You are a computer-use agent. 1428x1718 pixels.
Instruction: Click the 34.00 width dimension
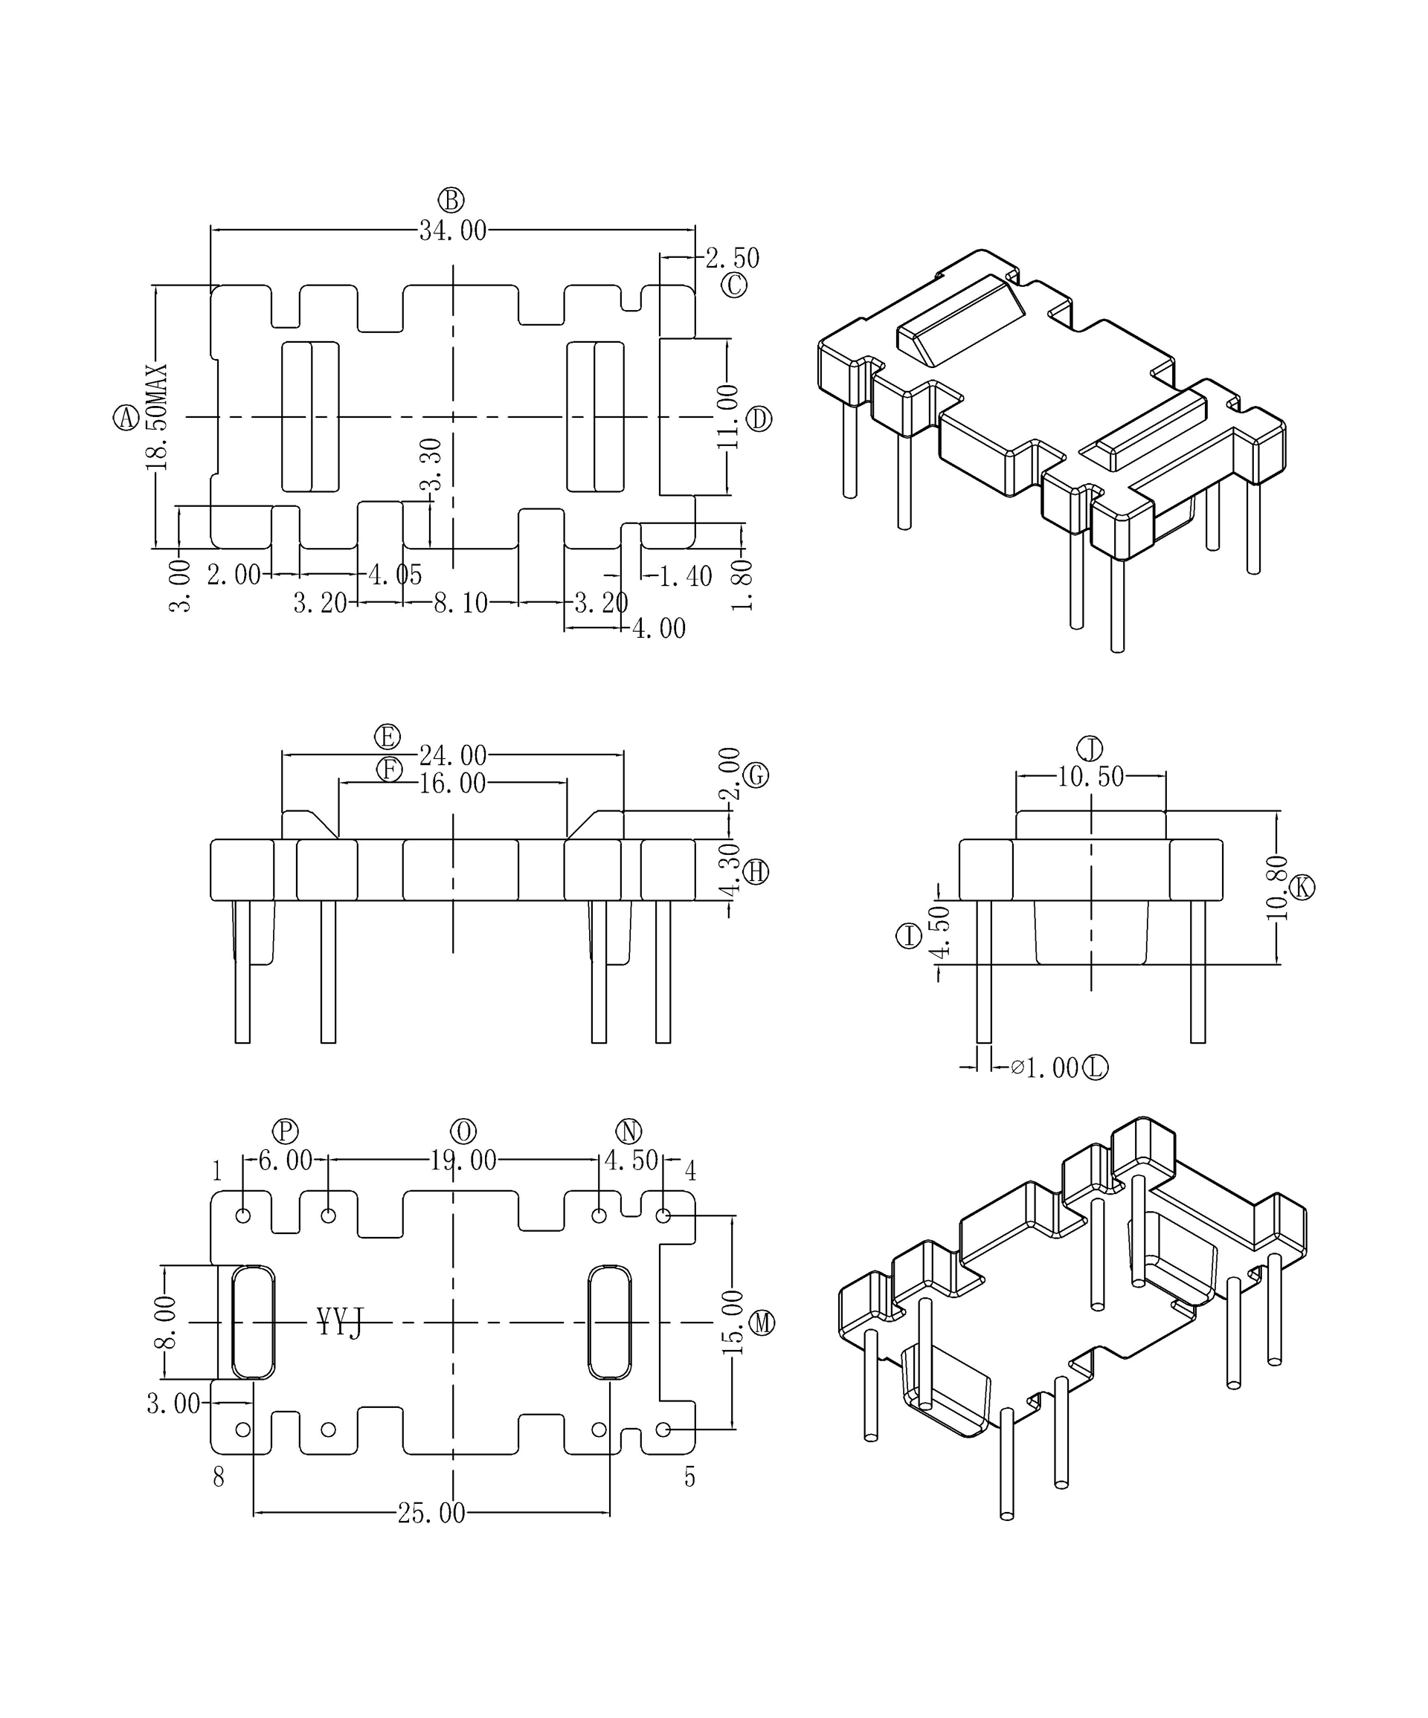[452, 231]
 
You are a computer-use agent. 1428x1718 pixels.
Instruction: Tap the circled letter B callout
[451, 201]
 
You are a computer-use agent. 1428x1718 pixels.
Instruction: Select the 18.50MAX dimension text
[156, 417]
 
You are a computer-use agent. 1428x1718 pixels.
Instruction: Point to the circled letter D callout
[759, 420]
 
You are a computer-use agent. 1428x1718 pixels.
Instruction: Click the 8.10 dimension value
[460, 604]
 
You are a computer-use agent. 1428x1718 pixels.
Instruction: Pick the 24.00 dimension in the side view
[452, 755]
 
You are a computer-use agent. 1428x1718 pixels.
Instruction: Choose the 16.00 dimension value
[452, 784]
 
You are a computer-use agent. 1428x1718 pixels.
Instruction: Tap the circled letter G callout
[756, 775]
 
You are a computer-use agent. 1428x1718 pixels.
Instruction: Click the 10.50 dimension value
[1090, 776]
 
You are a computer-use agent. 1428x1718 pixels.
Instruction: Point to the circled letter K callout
[1302, 888]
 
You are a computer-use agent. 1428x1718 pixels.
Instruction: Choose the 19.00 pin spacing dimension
[463, 1160]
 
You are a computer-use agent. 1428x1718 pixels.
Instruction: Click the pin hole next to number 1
[243, 1215]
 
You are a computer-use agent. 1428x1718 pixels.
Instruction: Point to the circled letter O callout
[463, 1131]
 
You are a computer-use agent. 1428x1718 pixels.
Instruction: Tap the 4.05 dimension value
[395, 575]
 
